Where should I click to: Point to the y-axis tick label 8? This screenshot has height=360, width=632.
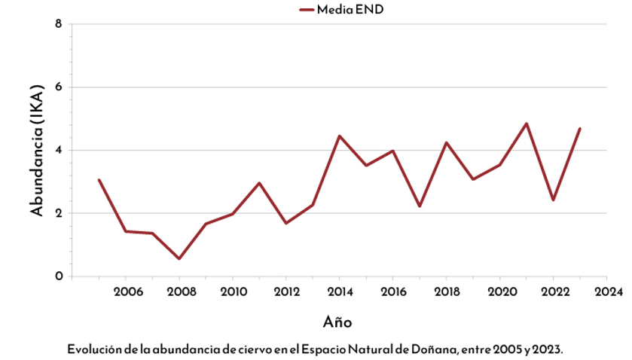click(58, 23)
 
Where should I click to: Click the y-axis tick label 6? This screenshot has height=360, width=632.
click(58, 87)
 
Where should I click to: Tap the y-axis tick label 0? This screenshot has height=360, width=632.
click(58, 276)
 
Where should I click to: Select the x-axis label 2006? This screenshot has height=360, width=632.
click(125, 291)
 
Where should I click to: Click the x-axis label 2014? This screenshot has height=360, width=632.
click(339, 291)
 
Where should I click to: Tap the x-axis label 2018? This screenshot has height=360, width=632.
click(446, 291)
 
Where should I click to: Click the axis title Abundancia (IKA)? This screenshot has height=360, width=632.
click(35, 150)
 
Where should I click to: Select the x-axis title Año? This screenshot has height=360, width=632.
click(337, 322)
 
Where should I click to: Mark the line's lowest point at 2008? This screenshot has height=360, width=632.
click(179, 258)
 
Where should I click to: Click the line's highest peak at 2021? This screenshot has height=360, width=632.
click(527, 124)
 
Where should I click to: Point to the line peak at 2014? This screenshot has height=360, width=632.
click(340, 136)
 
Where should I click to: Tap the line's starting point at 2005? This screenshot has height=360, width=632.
click(99, 180)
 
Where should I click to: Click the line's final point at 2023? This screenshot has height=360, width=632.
click(579, 129)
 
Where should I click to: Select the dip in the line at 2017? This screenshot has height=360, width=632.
click(420, 206)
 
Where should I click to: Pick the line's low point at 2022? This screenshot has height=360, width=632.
click(553, 200)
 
